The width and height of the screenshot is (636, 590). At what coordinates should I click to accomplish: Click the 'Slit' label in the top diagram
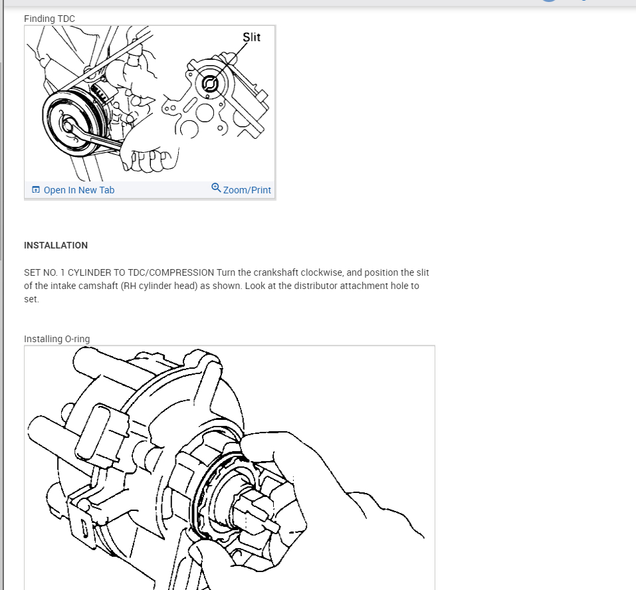click(x=252, y=37)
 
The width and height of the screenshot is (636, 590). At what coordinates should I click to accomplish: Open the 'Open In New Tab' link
click(x=78, y=190)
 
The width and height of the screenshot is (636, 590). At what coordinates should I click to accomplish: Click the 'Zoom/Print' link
click(x=247, y=190)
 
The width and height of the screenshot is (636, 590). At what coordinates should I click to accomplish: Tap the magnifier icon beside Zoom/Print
click(x=216, y=188)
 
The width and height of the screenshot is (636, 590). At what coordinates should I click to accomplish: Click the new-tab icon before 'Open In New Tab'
click(x=36, y=190)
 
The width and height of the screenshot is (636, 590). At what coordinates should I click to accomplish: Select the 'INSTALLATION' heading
click(x=56, y=245)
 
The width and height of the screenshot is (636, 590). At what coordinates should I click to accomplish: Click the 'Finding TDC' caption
click(x=49, y=19)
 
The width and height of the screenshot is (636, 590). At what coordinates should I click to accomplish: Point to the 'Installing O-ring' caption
click(x=56, y=339)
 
